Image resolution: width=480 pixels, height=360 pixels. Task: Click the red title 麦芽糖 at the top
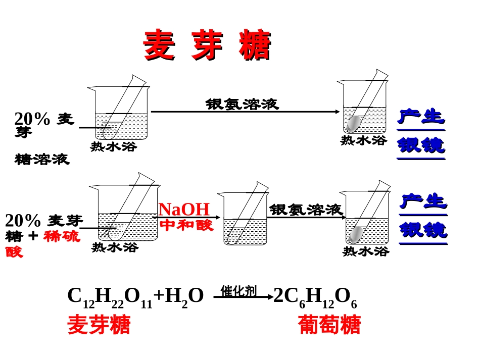[x=207, y=45]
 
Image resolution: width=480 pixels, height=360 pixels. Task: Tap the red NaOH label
[x=184, y=210]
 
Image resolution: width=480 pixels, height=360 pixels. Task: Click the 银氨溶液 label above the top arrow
[x=242, y=104]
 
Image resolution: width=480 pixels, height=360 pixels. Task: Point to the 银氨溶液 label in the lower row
[x=306, y=210]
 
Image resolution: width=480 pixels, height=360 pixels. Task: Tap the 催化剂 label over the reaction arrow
[x=238, y=290]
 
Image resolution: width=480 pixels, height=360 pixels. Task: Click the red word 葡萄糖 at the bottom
[x=329, y=325]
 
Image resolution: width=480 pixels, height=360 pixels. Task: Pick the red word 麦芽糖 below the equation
[x=99, y=325]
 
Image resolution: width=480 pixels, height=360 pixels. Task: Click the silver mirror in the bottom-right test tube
[x=357, y=233]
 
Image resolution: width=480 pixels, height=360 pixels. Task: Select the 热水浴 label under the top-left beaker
[x=114, y=147]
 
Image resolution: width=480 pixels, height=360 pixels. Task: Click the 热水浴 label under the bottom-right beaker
[x=366, y=251]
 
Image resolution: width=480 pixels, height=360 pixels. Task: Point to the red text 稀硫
[x=62, y=236]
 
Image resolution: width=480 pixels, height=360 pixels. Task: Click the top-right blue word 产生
[x=421, y=117]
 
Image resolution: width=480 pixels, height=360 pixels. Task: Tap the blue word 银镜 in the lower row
[x=423, y=230]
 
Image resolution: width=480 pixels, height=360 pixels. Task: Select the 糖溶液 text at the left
[x=42, y=160]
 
